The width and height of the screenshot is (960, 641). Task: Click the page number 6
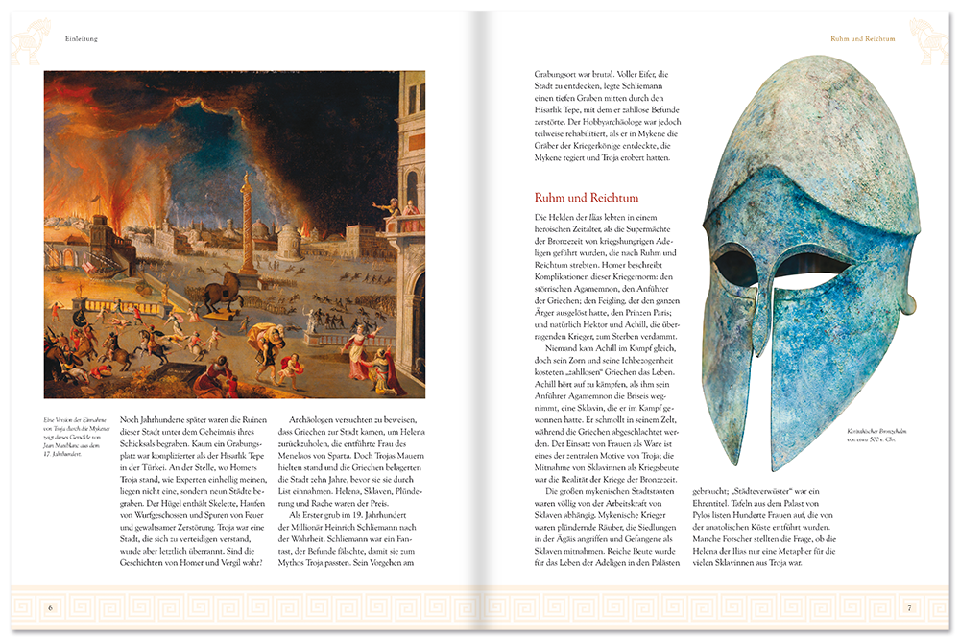point(50,607)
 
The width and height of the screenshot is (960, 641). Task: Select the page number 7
point(908,607)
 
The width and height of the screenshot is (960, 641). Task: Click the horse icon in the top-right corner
point(928,37)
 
